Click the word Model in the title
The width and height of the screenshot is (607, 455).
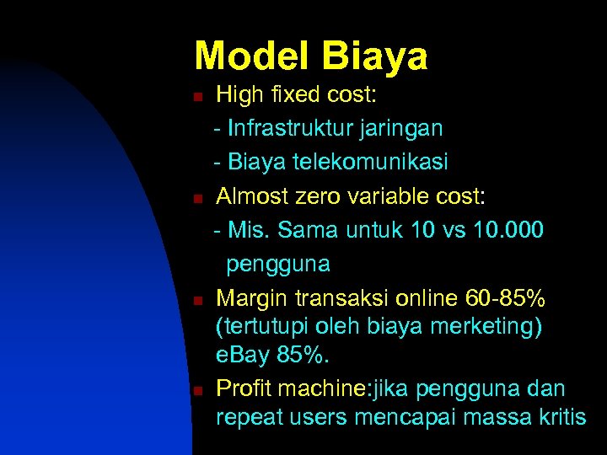click(x=251, y=56)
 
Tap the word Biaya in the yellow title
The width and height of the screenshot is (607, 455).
click(x=374, y=56)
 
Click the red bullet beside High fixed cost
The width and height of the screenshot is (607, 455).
click(x=197, y=97)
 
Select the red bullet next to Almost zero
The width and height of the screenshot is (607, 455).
click(x=197, y=199)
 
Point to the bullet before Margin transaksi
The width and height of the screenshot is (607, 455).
click(x=197, y=301)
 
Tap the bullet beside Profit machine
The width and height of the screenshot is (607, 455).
click(x=197, y=391)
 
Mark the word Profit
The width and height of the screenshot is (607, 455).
click(x=245, y=388)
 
